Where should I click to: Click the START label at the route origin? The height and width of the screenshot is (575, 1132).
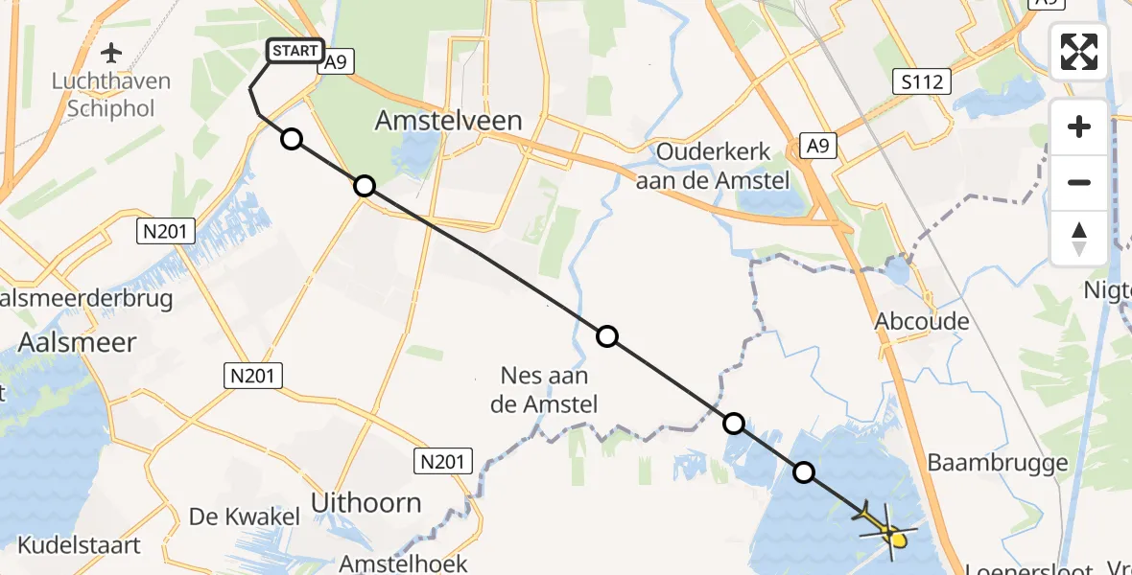[x=295, y=52]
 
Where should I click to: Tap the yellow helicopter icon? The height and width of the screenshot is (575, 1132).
[x=884, y=527]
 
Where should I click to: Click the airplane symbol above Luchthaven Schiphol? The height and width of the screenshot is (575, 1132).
[x=112, y=51]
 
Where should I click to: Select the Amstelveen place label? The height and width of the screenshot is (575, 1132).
[x=449, y=121]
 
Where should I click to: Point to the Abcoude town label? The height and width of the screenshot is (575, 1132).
[x=922, y=321]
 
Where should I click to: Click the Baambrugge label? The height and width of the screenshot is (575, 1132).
[x=998, y=464]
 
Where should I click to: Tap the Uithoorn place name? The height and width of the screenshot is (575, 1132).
[x=367, y=502]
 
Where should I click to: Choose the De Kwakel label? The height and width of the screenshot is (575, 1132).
[x=245, y=517]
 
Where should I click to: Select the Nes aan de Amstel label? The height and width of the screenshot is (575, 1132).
[x=544, y=390]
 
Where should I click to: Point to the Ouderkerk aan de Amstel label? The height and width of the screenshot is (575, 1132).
[x=712, y=166]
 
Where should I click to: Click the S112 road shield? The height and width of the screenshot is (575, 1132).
[x=925, y=82]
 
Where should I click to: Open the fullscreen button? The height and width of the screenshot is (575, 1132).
[x=1079, y=52]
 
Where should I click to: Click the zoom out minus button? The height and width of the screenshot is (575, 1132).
[x=1079, y=182]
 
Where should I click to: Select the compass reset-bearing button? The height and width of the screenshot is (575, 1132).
[x=1079, y=238]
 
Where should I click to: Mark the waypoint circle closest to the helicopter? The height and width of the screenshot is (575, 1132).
[x=804, y=471]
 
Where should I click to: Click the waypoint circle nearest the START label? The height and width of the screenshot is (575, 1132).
[x=292, y=140]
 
